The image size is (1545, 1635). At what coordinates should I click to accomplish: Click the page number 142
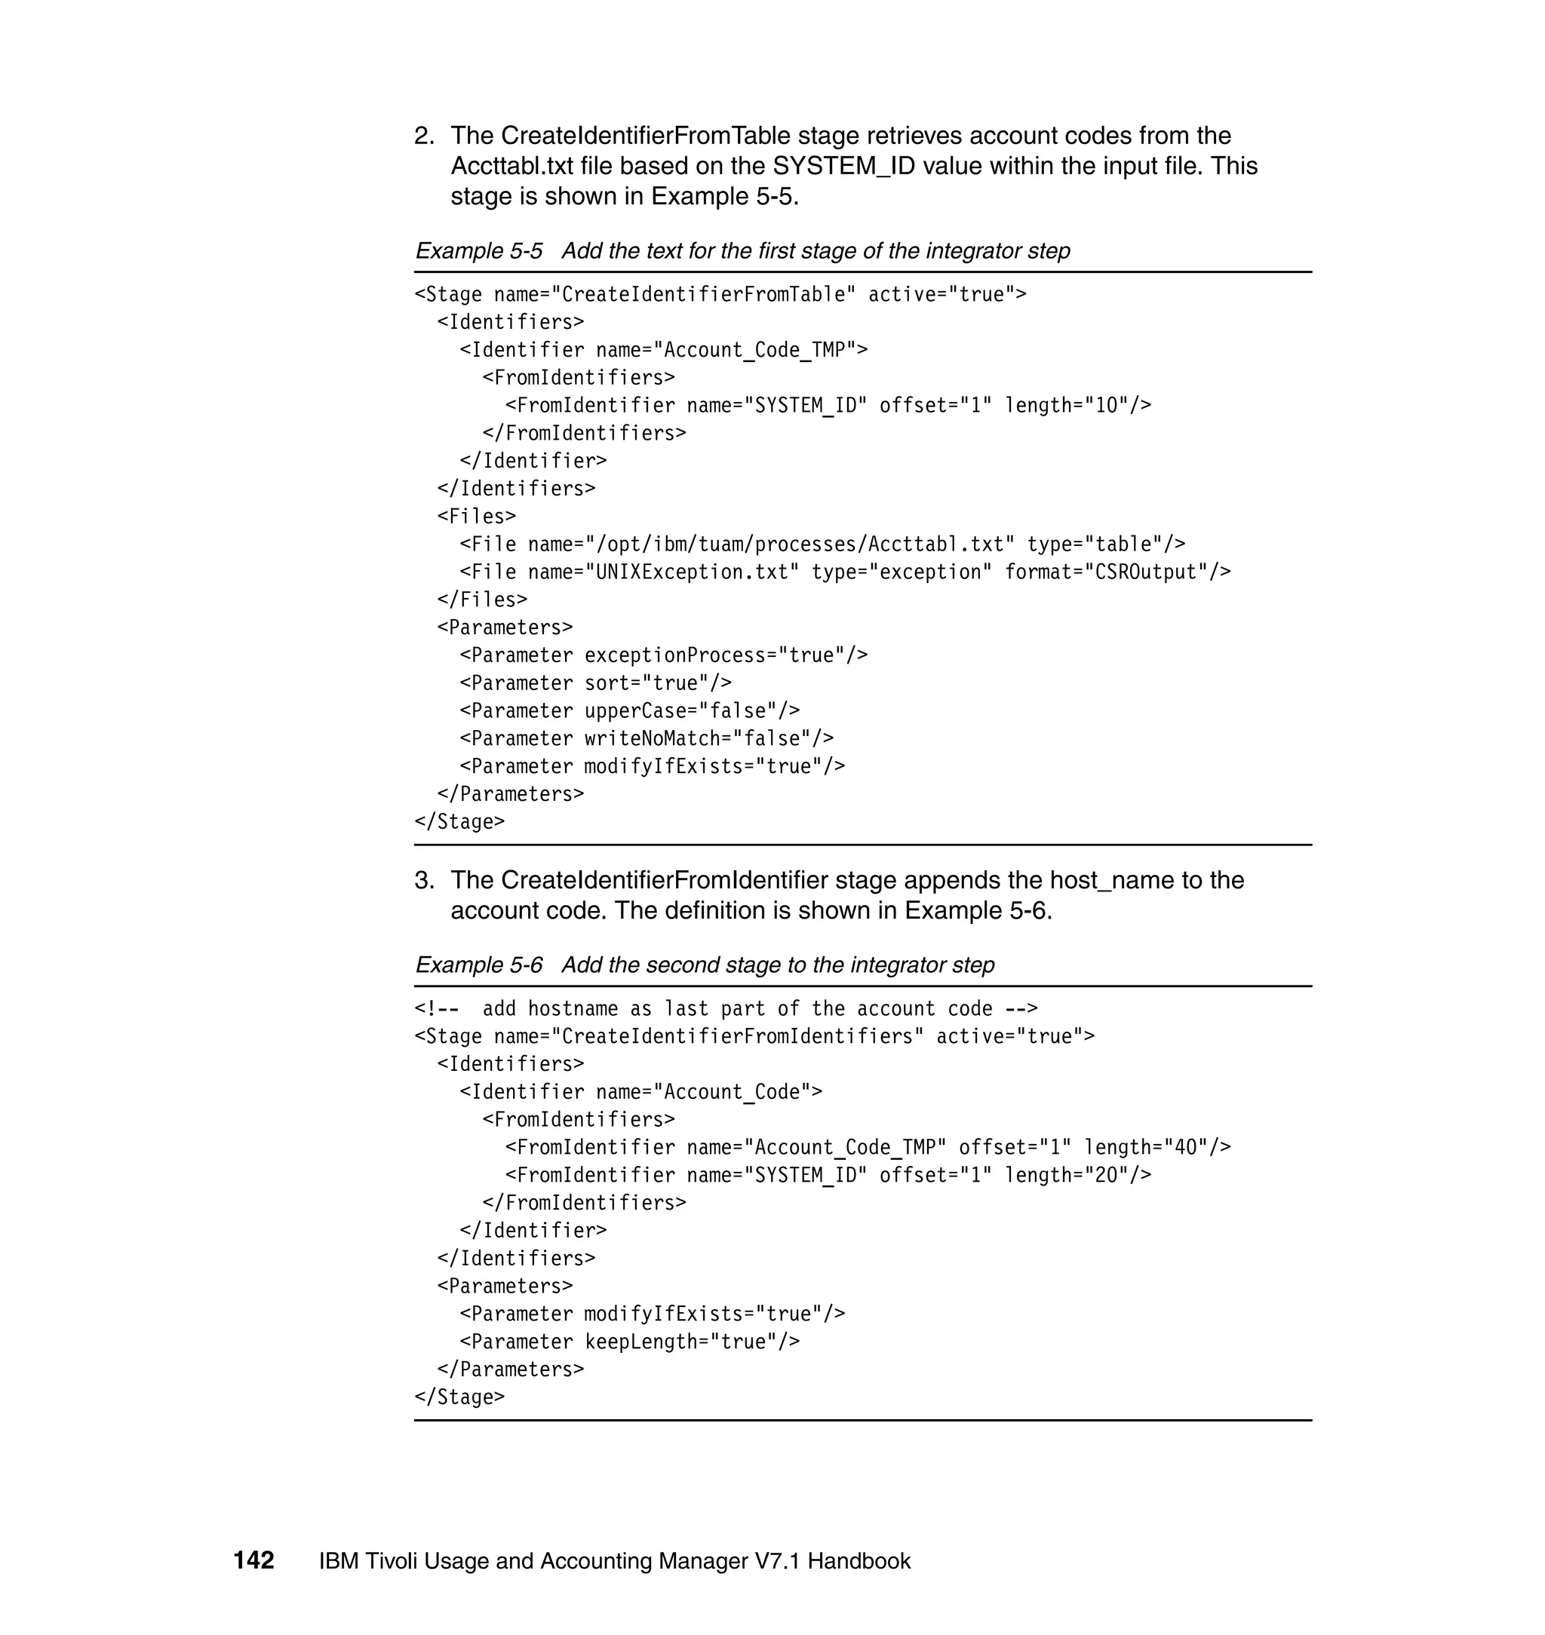(253, 1560)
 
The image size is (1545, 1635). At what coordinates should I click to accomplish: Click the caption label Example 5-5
(478, 250)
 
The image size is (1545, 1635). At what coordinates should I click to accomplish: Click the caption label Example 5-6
(478, 964)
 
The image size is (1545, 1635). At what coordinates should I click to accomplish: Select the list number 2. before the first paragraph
(424, 136)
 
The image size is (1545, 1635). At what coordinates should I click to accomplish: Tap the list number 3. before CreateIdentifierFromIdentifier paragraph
(424, 880)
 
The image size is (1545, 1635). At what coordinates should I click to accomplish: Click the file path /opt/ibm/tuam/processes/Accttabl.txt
(799, 544)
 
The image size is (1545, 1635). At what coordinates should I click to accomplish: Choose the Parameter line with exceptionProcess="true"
(663, 655)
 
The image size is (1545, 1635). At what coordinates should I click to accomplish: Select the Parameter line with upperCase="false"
(629, 710)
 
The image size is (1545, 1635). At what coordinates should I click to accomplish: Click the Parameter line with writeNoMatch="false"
(647, 738)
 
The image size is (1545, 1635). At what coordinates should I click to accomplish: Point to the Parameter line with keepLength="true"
(629, 1341)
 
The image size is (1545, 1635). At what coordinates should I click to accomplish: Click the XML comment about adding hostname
(726, 1008)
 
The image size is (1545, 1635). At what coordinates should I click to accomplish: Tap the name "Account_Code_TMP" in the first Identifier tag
(754, 350)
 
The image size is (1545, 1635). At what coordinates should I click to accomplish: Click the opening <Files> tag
(476, 516)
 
